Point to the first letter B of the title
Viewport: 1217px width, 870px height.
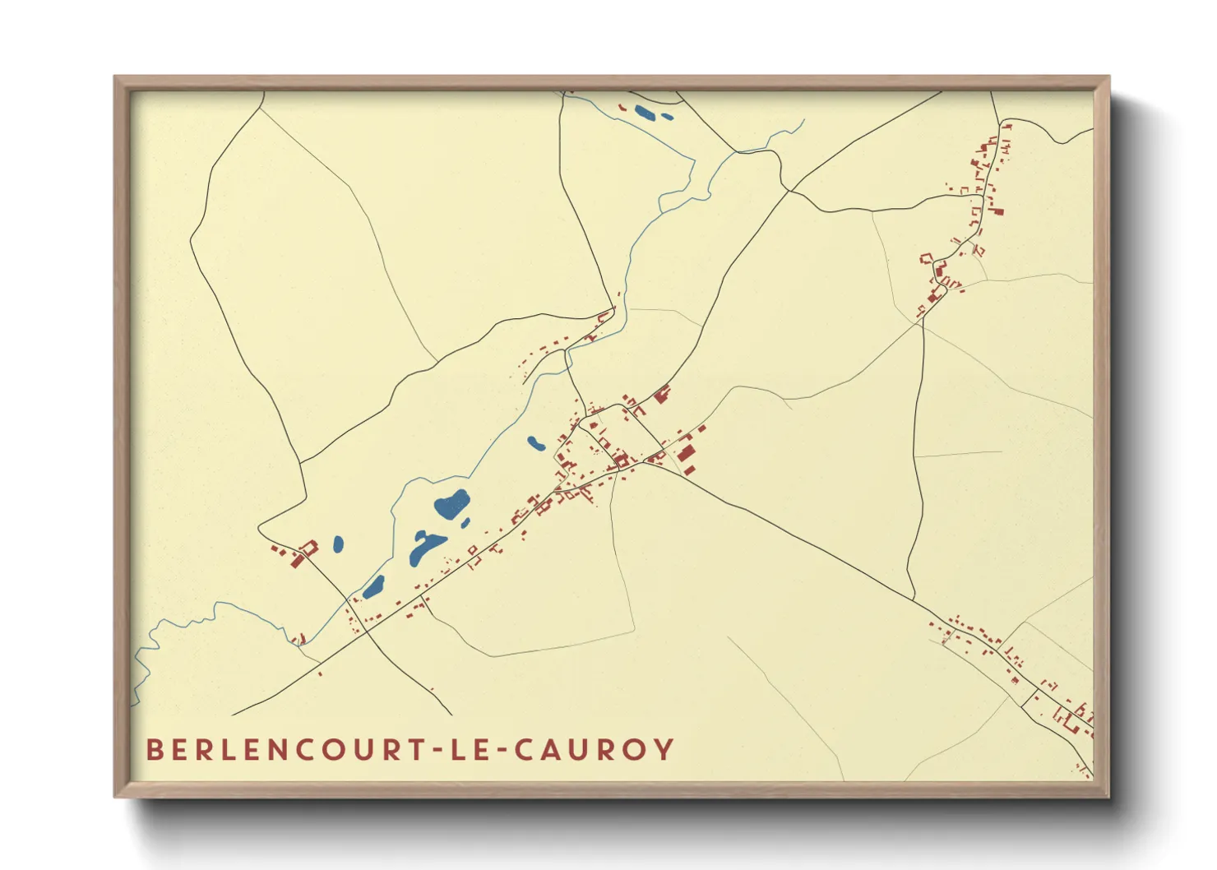pyautogui.click(x=154, y=750)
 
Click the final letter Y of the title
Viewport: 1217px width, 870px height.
pyautogui.click(x=664, y=750)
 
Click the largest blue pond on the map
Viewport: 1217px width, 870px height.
pyautogui.click(x=451, y=504)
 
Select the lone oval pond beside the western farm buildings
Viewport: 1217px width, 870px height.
pyautogui.click(x=338, y=544)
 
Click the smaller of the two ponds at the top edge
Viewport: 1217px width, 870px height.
pyautogui.click(x=667, y=117)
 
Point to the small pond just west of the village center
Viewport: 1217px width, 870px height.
pyautogui.click(x=535, y=443)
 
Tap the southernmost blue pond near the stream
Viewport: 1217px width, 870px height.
pyautogui.click(x=374, y=586)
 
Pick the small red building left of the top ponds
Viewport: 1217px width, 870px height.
pyautogui.click(x=622, y=107)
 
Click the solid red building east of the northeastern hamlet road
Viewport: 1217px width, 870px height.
pyautogui.click(x=998, y=211)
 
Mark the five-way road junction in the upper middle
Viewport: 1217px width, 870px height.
pyautogui.click(x=788, y=190)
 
